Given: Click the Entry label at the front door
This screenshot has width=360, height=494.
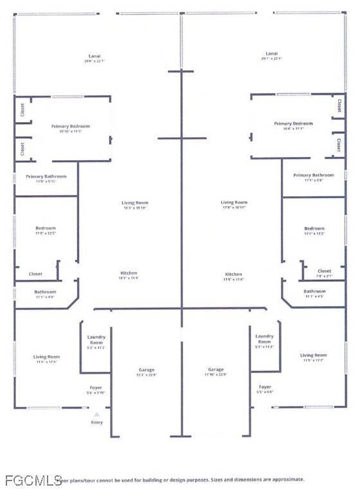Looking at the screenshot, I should pyautogui.click(x=97, y=423).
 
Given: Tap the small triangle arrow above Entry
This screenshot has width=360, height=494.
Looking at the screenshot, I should pyautogui.click(x=97, y=414).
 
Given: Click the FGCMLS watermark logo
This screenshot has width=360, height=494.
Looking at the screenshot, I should pyautogui.click(x=28, y=480).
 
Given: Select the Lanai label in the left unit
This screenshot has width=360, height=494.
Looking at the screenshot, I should pyautogui.click(x=94, y=56).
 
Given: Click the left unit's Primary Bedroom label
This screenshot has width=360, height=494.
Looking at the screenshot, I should pyautogui.click(x=71, y=127).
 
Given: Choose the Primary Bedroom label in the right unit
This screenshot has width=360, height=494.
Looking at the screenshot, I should pyautogui.click(x=293, y=123).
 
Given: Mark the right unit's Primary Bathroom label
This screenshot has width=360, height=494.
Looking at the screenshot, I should pyautogui.click(x=314, y=175).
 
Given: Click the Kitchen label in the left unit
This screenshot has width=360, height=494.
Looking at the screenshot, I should pyautogui.click(x=129, y=273).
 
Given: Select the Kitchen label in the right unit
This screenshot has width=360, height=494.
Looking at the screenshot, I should pyautogui.click(x=233, y=273).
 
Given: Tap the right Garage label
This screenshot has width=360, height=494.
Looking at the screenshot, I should pyautogui.click(x=216, y=370).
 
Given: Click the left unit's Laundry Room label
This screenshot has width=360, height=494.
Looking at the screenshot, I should pyautogui.click(x=96, y=339).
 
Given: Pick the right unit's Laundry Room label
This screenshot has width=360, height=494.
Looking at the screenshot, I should pyautogui.click(x=264, y=338).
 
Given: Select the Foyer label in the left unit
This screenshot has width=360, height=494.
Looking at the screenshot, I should pyautogui.click(x=94, y=387).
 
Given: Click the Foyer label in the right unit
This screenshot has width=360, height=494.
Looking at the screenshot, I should pyautogui.click(x=265, y=387).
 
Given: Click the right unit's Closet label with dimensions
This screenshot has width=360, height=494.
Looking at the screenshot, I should pyautogui.click(x=325, y=271).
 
